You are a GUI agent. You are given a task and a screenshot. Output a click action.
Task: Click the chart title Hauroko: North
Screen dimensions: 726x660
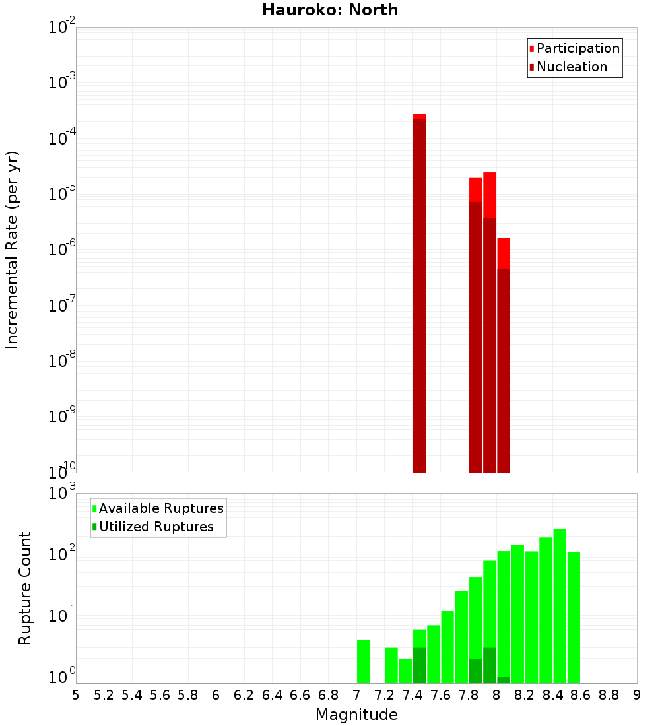pyautogui.click(x=330, y=10)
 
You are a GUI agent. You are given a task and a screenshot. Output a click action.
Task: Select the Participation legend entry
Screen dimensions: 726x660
pyautogui.click(x=574, y=48)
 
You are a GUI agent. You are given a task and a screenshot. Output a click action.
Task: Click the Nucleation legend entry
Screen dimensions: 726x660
pyautogui.click(x=568, y=67)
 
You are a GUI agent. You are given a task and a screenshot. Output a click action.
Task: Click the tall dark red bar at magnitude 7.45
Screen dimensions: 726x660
pyautogui.click(x=420, y=297)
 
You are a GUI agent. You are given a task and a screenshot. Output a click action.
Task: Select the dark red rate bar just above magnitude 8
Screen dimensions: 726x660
pyautogui.click(x=504, y=370)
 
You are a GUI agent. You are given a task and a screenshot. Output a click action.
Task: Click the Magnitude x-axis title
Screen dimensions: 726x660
pyautogui.click(x=356, y=715)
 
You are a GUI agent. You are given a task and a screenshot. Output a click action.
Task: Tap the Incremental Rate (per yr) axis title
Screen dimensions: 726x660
pyautogui.click(x=13, y=249)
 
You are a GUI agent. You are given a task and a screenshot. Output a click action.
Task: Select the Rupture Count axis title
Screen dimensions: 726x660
pyautogui.click(x=25, y=587)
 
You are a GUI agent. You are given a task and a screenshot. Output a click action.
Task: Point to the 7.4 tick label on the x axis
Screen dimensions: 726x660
pyautogui.click(x=412, y=695)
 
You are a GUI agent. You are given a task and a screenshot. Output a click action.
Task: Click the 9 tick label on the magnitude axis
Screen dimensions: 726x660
pyautogui.click(x=637, y=695)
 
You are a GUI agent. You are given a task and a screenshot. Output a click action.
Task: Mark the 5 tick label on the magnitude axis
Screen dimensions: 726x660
pyautogui.click(x=76, y=695)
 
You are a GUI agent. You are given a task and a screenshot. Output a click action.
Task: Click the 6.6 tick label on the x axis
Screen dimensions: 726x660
pyautogui.click(x=300, y=695)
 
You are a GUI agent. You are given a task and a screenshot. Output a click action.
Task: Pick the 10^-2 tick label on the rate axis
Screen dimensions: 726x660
pyautogui.click(x=62, y=28)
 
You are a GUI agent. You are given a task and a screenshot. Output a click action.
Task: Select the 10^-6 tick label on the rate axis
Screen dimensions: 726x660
pyautogui.click(x=62, y=250)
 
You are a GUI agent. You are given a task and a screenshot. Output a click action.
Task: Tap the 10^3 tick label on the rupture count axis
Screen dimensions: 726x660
pyautogui.click(x=62, y=494)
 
